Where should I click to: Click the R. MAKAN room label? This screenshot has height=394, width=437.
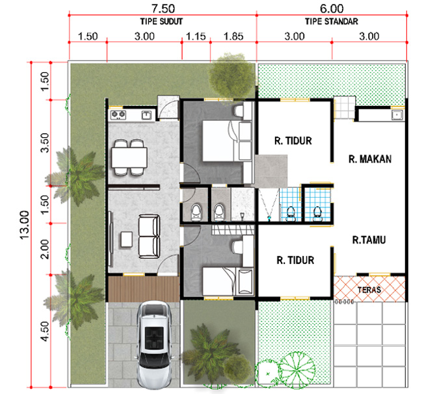[370, 159]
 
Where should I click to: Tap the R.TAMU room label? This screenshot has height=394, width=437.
[369, 240]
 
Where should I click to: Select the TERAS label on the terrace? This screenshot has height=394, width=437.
[369, 290]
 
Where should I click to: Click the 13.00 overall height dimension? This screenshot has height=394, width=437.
[25, 225]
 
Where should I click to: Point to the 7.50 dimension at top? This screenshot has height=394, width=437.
[163, 8]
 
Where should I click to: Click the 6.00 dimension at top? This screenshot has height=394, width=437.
[332, 8]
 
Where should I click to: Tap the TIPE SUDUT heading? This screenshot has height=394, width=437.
[161, 21]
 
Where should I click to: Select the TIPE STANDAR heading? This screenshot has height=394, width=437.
[332, 21]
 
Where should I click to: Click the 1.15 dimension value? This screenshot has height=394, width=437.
[196, 36]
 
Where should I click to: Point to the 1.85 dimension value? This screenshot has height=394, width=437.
[233, 36]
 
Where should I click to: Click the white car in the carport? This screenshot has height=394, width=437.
[154, 345]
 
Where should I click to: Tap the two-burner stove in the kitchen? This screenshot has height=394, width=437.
[118, 114]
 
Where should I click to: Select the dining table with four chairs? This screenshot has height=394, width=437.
[129, 157]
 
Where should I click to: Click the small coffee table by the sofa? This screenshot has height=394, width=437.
[127, 239]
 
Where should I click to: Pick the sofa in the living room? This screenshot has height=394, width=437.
[150, 236]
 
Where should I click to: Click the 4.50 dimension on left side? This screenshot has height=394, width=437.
[45, 331]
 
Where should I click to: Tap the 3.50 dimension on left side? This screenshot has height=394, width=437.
[45, 142]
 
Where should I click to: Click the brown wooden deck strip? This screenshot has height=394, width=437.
[144, 289]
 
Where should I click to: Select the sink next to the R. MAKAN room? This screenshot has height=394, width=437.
[397, 114]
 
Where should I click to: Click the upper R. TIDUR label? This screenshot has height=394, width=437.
[293, 140]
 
